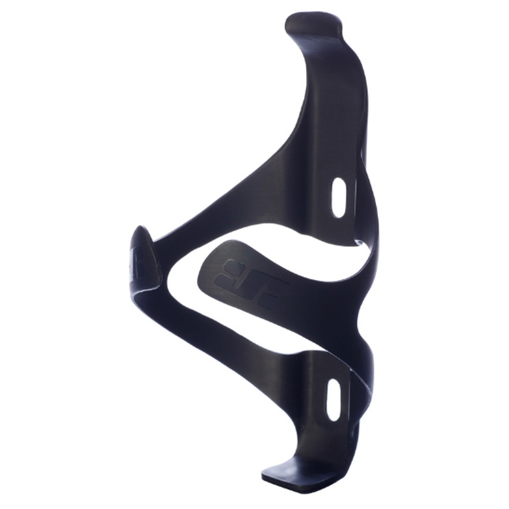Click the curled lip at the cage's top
click(313, 25)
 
